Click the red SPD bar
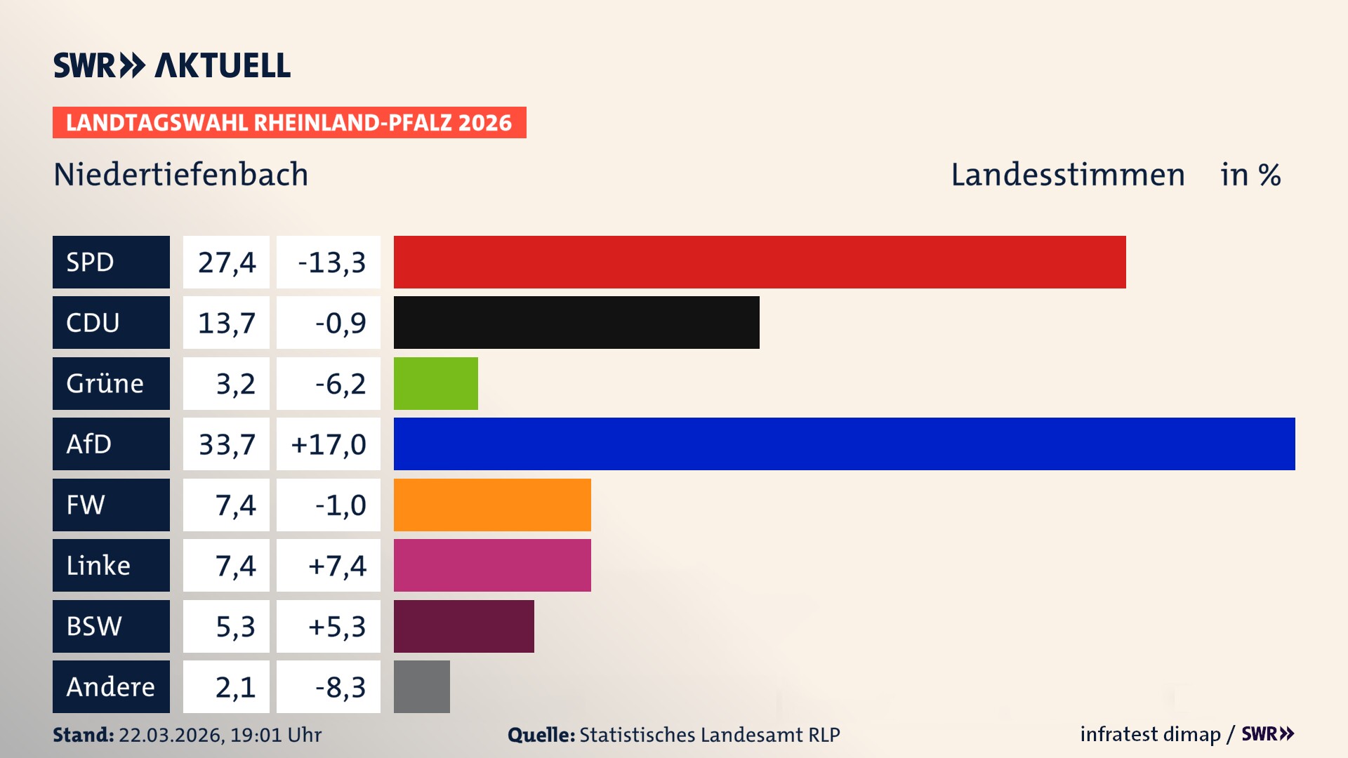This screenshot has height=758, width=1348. [x=759, y=262]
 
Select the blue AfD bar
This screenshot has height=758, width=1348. [x=844, y=444]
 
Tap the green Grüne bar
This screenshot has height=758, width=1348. [x=435, y=383]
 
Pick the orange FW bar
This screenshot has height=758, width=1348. [x=491, y=505]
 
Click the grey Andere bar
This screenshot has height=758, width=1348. [x=421, y=686]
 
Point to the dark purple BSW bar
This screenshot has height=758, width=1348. [x=463, y=626]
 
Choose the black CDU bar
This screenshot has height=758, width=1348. [x=576, y=322]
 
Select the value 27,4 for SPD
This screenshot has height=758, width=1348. [x=226, y=262]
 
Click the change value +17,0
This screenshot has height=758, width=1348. [x=329, y=444]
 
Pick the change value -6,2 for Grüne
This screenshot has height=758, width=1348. [x=340, y=384]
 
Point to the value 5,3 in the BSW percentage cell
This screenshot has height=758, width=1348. [x=235, y=626]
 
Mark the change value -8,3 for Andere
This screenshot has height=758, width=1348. [x=340, y=687]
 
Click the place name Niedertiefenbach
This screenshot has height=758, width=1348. [x=180, y=174]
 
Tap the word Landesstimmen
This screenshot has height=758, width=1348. [x=1067, y=174]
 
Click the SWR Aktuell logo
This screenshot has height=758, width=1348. [x=171, y=65]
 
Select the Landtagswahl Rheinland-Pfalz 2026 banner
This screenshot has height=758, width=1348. [x=289, y=122]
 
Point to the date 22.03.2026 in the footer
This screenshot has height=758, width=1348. [x=171, y=735]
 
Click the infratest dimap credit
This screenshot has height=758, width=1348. [x=1150, y=734]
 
